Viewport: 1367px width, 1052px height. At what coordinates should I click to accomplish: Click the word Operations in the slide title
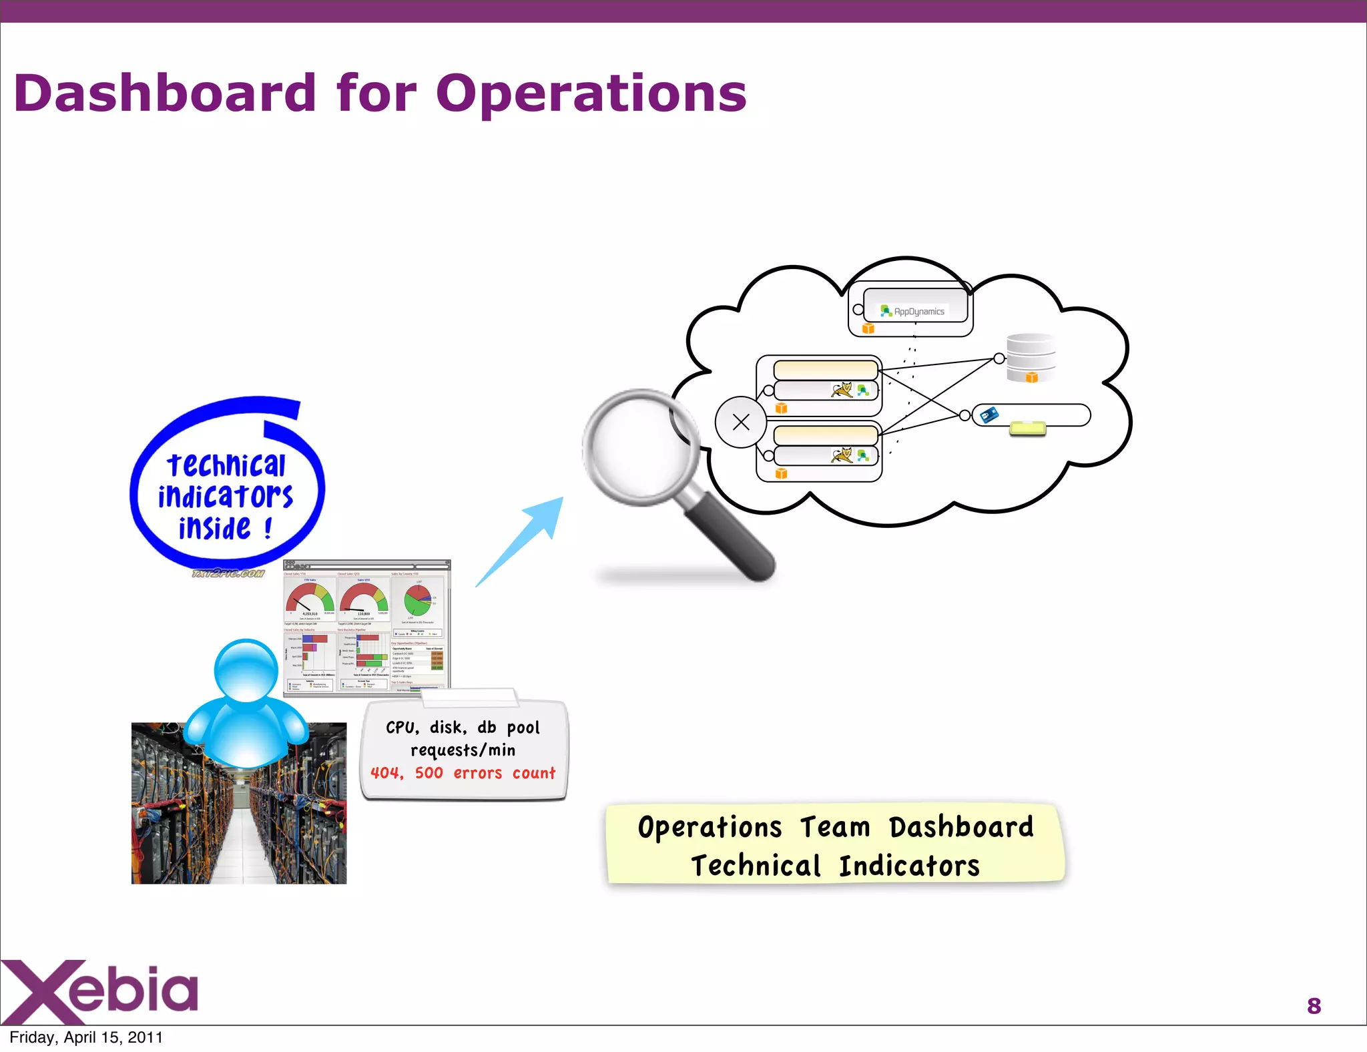pyautogui.click(x=591, y=93)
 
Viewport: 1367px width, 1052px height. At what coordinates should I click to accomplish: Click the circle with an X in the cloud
pyautogui.click(x=741, y=422)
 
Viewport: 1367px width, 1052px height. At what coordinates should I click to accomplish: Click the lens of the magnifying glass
pyautogui.click(x=640, y=447)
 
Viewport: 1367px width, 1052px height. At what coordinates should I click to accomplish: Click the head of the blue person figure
pyautogui.click(x=246, y=670)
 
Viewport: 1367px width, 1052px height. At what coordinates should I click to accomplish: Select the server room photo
pyautogui.click(x=238, y=821)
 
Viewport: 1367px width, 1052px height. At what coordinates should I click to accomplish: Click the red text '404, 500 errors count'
pyautogui.click(x=463, y=773)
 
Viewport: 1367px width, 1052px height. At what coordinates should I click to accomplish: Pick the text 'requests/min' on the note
pyautogui.click(x=463, y=750)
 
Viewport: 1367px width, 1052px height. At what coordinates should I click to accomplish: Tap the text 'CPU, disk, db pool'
pyautogui.click(x=463, y=728)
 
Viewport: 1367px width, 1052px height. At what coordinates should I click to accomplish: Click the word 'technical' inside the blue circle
pyautogui.click(x=226, y=465)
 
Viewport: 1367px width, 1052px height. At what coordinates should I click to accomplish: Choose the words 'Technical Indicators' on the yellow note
pyautogui.click(x=835, y=866)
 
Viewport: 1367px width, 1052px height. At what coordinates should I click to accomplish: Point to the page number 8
pyautogui.click(x=1314, y=1006)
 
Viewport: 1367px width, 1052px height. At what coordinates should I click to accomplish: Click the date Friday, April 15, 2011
pyautogui.click(x=86, y=1037)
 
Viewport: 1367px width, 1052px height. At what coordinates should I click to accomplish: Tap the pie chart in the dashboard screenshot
pyautogui.click(x=418, y=600)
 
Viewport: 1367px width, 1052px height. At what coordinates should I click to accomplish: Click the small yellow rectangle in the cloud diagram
pyautogui.click(x=1027, y=428)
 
